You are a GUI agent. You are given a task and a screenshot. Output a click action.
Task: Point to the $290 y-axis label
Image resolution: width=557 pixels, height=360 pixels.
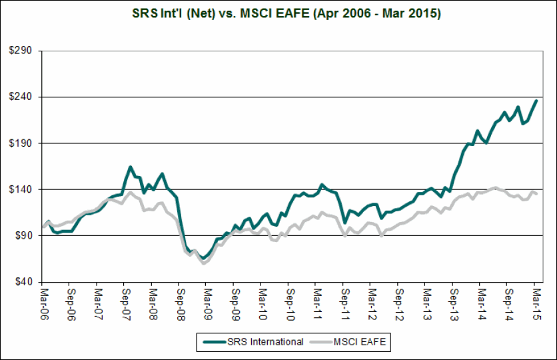coord(25,51)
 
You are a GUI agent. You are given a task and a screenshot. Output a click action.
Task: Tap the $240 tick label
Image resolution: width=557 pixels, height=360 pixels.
coord(25,97)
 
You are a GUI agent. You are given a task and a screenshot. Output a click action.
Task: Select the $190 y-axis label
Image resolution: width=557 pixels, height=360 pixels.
coord(25,143)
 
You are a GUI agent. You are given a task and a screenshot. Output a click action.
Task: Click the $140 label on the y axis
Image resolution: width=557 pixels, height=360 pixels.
coord(25,189)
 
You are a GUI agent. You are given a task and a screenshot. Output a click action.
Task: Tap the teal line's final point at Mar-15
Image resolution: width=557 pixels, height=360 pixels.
coord(536,101)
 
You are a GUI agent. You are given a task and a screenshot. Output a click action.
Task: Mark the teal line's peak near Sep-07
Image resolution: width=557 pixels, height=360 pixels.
coord(131,167)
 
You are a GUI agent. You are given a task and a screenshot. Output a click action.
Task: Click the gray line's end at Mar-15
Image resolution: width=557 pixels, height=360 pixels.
coord(536,194)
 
